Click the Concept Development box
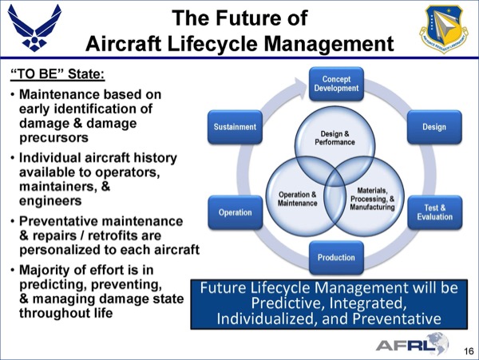coord(336,84)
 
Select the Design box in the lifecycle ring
coord(434,127)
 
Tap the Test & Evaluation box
coord(435,212)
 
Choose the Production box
coord(336,257)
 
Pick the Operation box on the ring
coord(235,212)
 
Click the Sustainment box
coord(235,127)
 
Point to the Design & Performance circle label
coord(335,138)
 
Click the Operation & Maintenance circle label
coord(297,199)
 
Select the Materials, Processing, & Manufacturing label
coord(372,199)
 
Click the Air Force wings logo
coord(34,28)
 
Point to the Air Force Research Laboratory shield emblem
coord(444,29)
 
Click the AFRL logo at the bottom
coord(412,344)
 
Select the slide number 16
coord(469,351)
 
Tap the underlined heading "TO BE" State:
coord(57,74)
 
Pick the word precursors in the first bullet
coord(53,138)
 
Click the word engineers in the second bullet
coord(50,201)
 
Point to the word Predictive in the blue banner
coord(287,303)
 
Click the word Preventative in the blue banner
coord(397,318)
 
